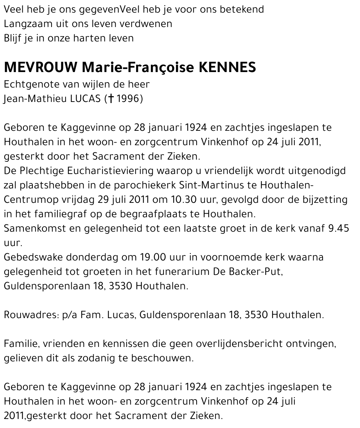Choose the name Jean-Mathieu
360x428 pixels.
34,99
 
